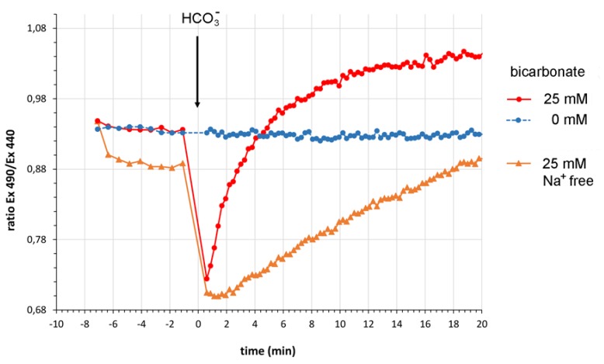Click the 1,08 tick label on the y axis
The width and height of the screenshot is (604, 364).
36,29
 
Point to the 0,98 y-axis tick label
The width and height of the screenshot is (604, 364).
36,99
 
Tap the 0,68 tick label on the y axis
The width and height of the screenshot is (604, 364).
36,310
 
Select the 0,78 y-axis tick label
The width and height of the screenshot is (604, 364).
36,239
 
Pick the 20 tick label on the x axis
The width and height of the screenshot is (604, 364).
481,323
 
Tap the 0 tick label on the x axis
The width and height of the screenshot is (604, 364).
197,323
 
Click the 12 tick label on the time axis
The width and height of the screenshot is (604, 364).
368,323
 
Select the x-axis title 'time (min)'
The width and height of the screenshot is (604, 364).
267,351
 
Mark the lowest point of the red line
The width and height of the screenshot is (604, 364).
207,279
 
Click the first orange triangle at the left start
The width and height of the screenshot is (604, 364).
97,123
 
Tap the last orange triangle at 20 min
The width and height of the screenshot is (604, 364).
481,159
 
